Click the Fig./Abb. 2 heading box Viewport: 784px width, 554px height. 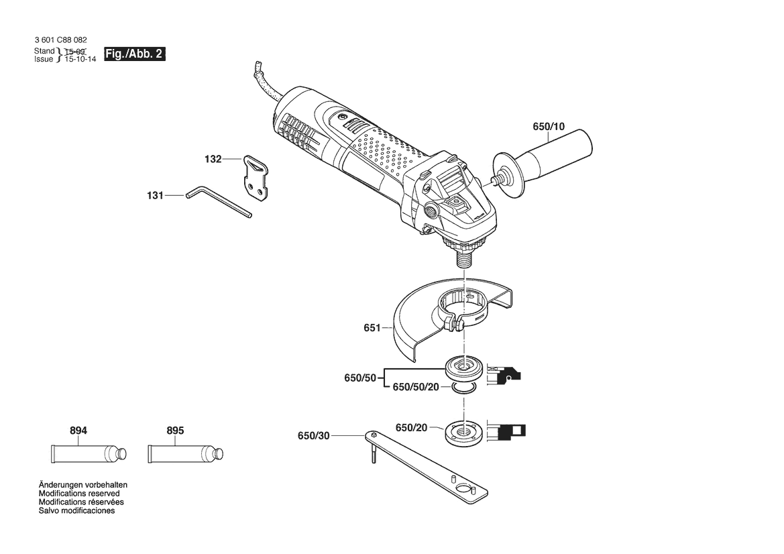[135, 54]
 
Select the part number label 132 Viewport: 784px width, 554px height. [213, 159]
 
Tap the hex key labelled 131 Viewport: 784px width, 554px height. [219, 202]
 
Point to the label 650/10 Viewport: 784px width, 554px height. [549, 127]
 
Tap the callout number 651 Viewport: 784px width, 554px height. [372, 328]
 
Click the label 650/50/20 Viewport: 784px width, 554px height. [416, 387]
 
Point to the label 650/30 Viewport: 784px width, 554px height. [313, 436]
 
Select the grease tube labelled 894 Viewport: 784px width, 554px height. [89, 454]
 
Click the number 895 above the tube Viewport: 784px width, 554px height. [175, 431]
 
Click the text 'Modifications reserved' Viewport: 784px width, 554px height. [79, 494]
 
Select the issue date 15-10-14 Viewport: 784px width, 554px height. [80, 59]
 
